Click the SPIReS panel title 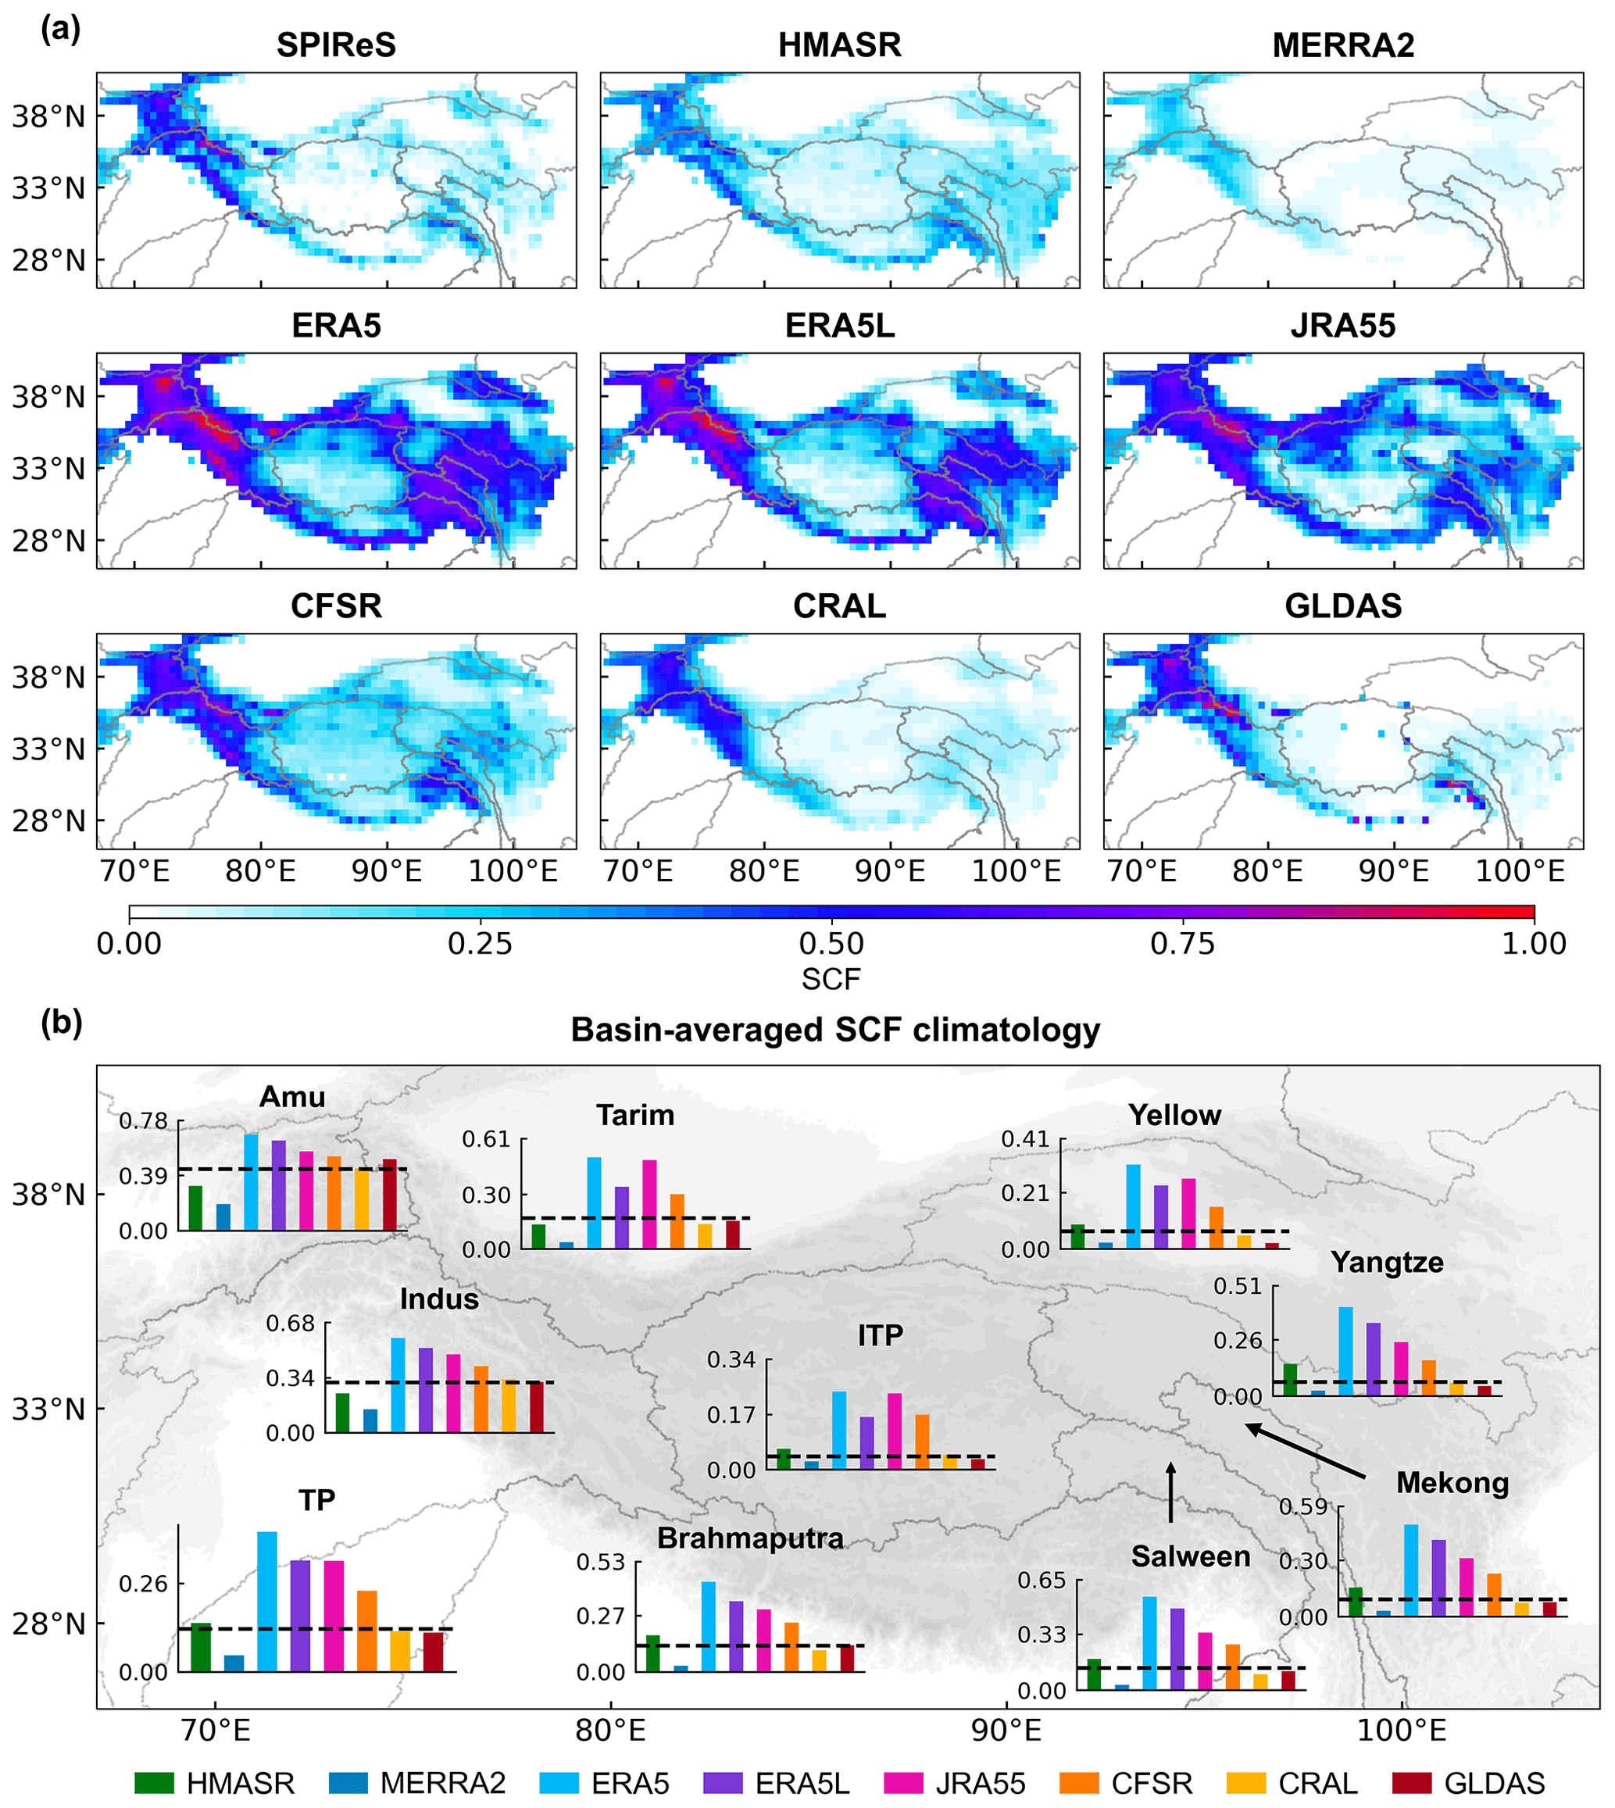335,45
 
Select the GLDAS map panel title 1342,606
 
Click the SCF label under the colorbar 831,980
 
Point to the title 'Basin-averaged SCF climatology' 835,1030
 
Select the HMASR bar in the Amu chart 195,1207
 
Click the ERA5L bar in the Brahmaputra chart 736,1636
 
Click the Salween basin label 1190,1556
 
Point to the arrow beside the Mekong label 1305,1450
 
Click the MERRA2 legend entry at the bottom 417,1782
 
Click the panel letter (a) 60,30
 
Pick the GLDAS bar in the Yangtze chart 1484,1390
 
